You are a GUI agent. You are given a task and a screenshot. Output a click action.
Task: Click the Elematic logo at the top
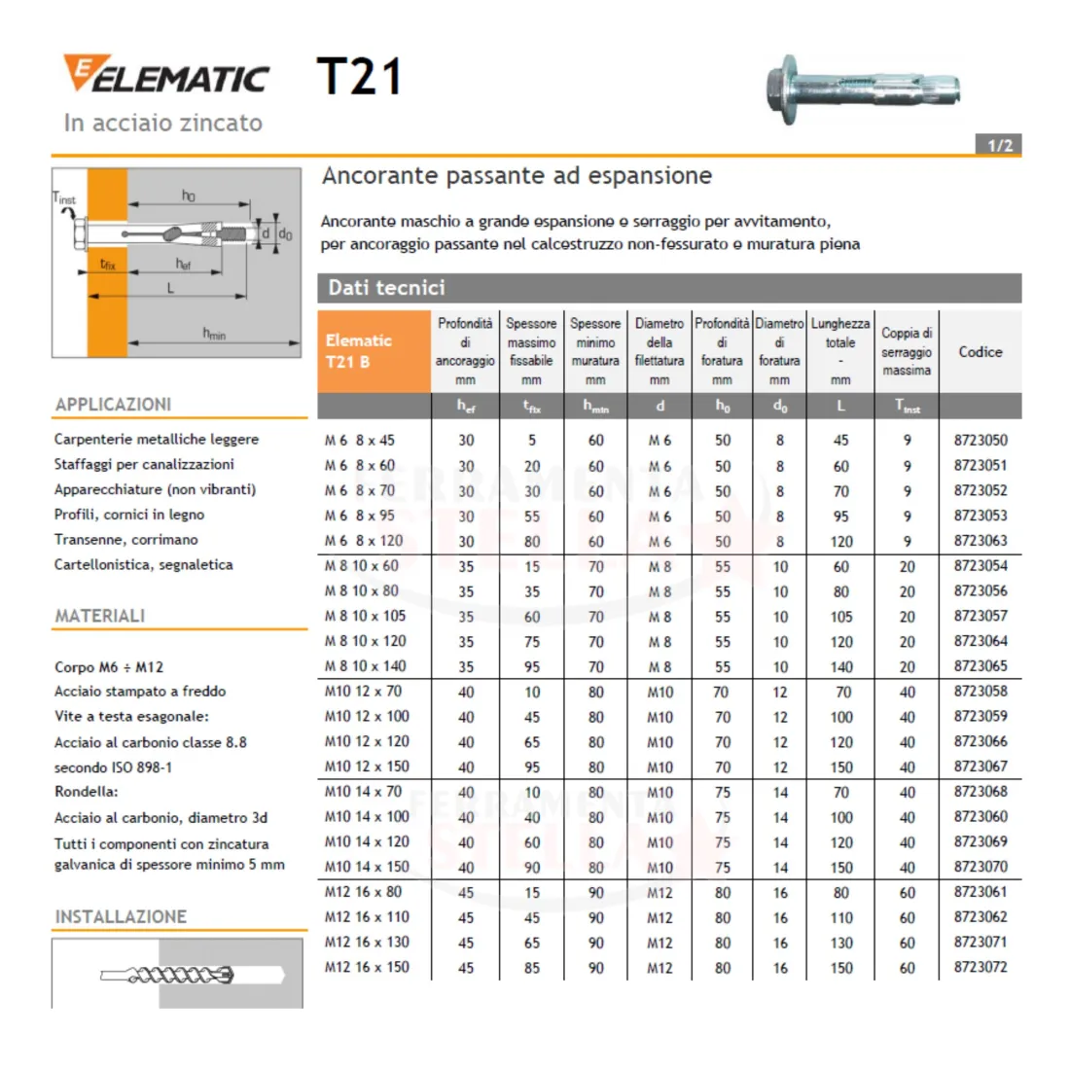tap(166, 74)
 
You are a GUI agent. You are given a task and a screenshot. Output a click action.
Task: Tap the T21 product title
tap(360, 77)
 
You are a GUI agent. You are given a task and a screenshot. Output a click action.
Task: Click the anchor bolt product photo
tap(863, 89)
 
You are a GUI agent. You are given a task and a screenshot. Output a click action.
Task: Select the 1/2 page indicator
tap(999, 145)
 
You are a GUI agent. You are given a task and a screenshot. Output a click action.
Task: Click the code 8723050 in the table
tap(980, 440)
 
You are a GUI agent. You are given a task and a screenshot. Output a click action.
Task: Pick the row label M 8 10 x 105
tap(365, 616)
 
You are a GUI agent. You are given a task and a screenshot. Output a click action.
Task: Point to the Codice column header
tap(980, 352)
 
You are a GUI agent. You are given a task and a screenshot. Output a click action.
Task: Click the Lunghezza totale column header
tap(840, 351)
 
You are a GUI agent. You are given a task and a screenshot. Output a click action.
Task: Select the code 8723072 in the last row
tap(980, 967)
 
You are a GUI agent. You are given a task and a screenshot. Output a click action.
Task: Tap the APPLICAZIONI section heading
tap(113, 405)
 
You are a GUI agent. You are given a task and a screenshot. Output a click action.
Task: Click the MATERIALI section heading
tap(100, 616)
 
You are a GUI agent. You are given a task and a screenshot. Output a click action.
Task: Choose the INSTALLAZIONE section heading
tap(121, 916)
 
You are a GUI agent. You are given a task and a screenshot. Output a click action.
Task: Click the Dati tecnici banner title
tap(386, 287)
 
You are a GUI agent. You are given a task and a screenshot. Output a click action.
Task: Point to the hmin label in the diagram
tap(214, 333)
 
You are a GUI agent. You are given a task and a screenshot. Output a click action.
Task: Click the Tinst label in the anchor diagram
tap(64, 198)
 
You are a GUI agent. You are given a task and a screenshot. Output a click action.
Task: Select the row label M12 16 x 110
tap(367, 916)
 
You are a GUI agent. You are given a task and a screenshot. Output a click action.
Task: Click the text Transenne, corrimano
tap(126, 539)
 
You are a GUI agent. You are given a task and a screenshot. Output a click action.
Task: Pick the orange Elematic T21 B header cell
tap(374, 351)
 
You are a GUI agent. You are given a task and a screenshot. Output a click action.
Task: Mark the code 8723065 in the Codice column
tap(980, 666)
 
